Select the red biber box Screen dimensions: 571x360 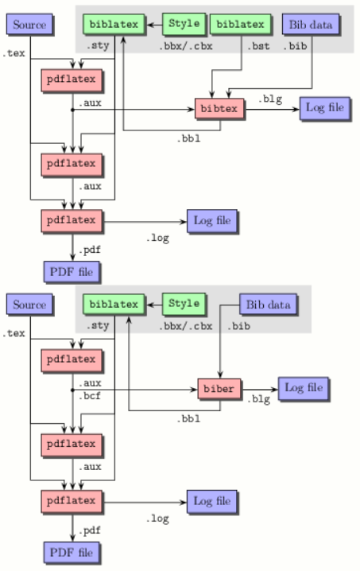point(218,390)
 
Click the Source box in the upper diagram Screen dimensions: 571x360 point(27,25)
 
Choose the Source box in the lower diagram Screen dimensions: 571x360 point(27,305)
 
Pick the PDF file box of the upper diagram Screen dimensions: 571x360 point(72,271)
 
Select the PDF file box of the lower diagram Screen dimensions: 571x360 point(72,550)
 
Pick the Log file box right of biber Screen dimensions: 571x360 point(305,387)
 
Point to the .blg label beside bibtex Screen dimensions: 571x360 point(268,98)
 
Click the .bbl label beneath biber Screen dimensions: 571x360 point(188,418)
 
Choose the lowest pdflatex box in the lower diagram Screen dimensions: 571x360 point(72,501)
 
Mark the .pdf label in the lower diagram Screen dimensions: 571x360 point(91,529)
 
